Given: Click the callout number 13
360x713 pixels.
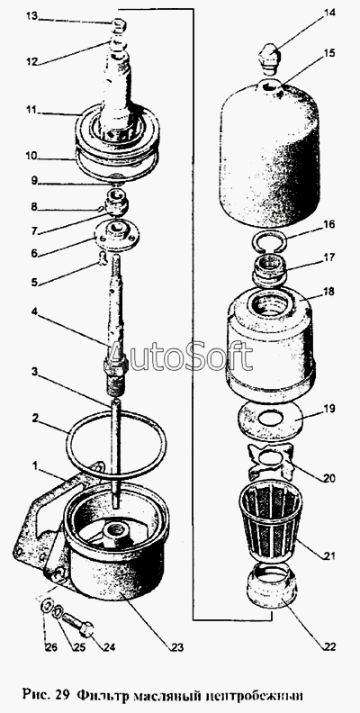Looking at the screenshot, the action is (32, 17).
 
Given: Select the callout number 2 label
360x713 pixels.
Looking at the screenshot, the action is (34, 417).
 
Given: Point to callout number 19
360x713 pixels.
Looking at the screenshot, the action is (328, 409).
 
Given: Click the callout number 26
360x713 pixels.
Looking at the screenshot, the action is (50, 647).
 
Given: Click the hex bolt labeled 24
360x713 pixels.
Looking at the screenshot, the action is (78, 625).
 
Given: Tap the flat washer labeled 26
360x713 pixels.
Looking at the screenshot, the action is (47, 607).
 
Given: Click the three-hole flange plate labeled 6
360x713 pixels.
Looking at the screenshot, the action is (117, 233).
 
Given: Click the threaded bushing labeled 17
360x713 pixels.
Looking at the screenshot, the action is (268, 271).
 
